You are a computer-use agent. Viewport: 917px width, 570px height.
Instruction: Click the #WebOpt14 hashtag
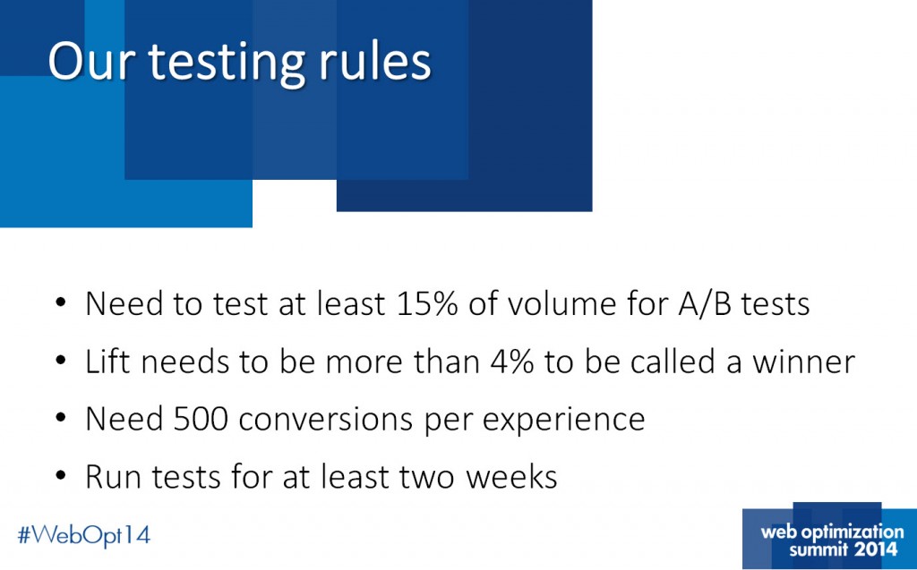pos(84,535)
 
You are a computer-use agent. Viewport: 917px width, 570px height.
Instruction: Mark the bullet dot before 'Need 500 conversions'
pos(60,419)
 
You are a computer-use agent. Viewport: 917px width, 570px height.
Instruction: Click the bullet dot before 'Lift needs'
pos(60,362)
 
